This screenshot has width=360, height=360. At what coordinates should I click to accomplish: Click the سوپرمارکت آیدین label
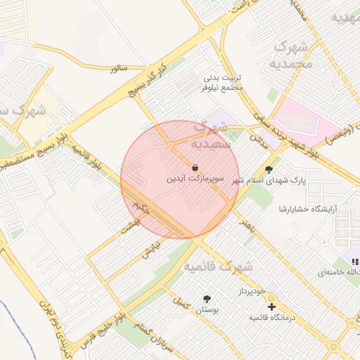pyautogui.click(x=195, y=179)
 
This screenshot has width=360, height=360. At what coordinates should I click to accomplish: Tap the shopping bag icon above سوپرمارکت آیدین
pyautogui.click(x=194, y=168)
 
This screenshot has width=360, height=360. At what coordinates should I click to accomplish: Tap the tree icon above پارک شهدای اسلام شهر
pyautogui.click(x=268, y=169)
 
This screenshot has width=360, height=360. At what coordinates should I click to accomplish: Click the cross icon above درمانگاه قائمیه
pyautogui.click(x=271, y=306)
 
